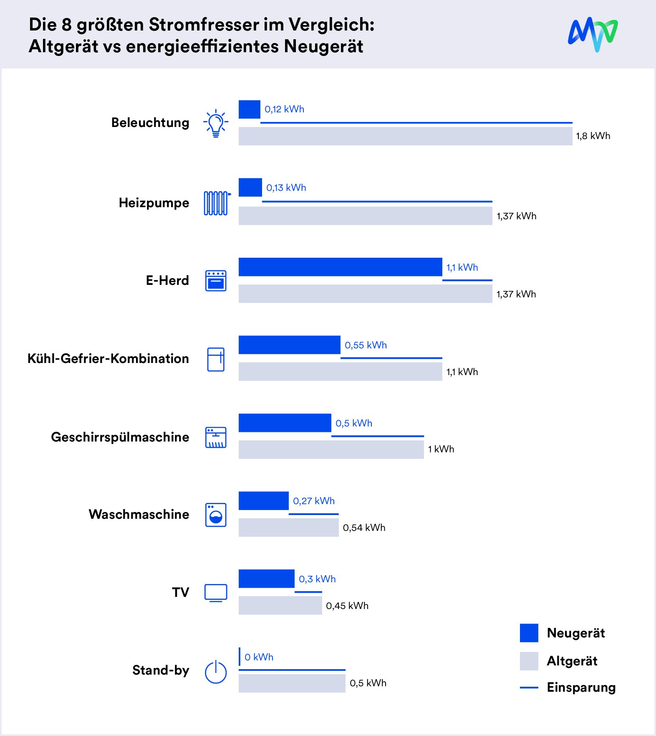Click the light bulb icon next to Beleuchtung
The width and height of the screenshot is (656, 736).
(x=216, y=123)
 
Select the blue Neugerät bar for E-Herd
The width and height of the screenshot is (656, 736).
(x=340, y=267)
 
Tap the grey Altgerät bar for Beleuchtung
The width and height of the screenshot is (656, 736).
(x=405, y=136)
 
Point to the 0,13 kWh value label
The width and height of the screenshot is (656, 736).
(x=286, y=188)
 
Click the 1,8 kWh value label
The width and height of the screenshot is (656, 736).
(x=593, y=136)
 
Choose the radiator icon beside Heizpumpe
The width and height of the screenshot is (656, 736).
(x=216, y=203)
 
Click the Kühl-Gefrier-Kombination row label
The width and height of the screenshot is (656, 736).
(x=108, y=358)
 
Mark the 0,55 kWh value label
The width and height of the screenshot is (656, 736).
(x=366, y=345)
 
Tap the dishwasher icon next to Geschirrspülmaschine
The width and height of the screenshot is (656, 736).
(x=216, y=437)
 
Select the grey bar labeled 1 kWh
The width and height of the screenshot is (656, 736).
(x=331, y=449)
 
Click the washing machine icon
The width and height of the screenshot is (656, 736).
(x=216, y=515)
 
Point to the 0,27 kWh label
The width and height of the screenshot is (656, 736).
(x=313, y=501)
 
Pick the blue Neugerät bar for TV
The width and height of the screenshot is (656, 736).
(x=266, y=579)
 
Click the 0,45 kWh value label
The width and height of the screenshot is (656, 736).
(x=347, y=606)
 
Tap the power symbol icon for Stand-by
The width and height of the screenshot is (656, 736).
(x=216, y=672)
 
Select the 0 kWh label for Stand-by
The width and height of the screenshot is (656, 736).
(x=259, y=657)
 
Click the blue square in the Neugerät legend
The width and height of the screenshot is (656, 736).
(x=529, y=633)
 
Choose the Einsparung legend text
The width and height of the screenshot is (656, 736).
(x=581, y=687)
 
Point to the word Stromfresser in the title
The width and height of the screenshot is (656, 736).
(x=204, y=25)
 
